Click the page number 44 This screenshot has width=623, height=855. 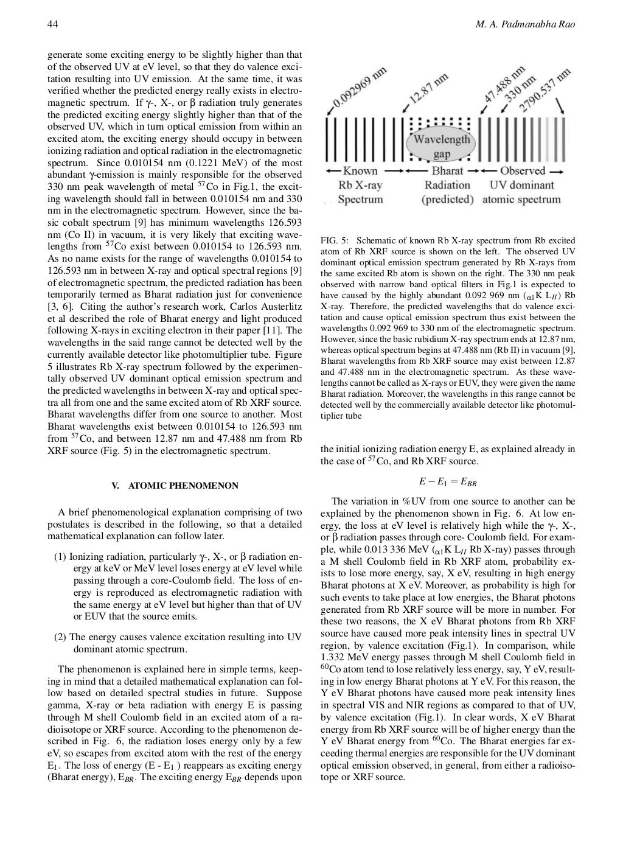(x=52, y=24)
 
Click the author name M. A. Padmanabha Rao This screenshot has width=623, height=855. (x=524, y=24)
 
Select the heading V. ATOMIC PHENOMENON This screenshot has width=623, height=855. (x=175, y=486)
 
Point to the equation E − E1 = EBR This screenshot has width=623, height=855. (x=447, y=482)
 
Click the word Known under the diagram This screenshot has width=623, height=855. (x=360, y=171)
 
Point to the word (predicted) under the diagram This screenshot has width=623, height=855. (x=447, y=200)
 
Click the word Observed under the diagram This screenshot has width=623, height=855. (x=523, y=171)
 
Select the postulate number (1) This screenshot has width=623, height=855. (x=60, y=557)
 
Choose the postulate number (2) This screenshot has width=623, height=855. (x=60, y=637)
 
